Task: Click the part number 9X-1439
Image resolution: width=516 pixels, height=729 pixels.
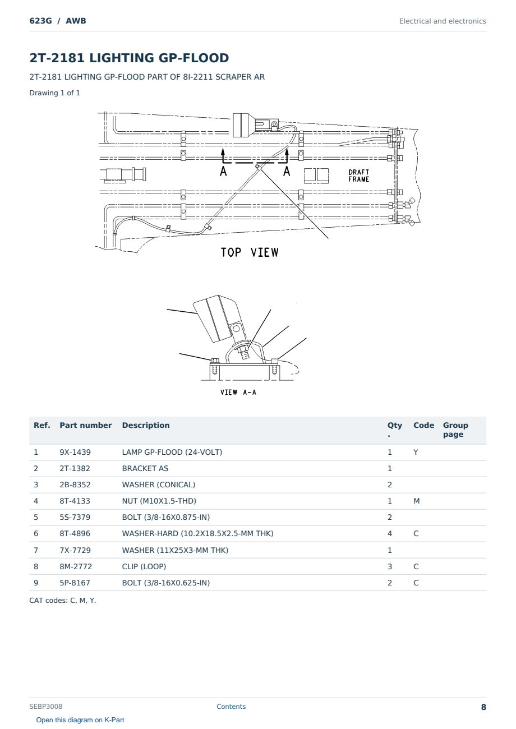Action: (x=75, y=452)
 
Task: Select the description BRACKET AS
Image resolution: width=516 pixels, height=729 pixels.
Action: (x=145, y=468)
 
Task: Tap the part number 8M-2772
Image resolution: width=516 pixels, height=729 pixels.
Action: (x=76, y=566)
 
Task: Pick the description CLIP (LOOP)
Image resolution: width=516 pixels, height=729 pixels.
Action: (x=144, y=566)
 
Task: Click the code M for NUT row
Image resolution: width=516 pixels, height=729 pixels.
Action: (x=416, y=501)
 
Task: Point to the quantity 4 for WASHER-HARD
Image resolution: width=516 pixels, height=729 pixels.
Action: (x=390, y=533)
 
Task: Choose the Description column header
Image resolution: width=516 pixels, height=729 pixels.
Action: (x=145, y=426)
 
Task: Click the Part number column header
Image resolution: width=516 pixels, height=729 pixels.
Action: (x=86, y=426)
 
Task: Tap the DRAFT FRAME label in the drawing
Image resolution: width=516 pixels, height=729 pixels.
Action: (x=359, y=176)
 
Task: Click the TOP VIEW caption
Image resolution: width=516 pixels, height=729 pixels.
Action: (x=250, y=252)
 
